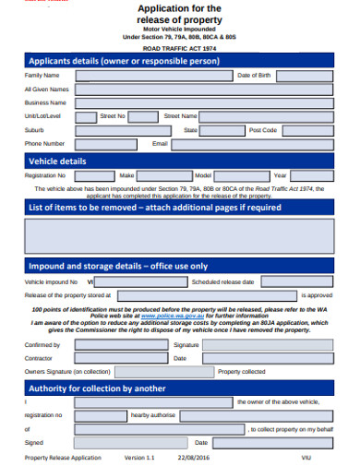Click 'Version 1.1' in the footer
click(x=141, y=457)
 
